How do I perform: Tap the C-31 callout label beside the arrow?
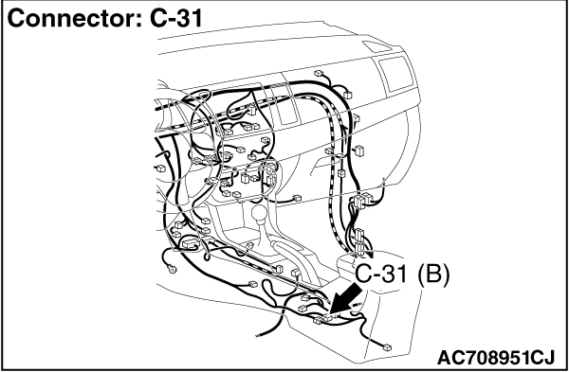(385, 275)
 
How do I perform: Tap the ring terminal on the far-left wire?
(171, 268)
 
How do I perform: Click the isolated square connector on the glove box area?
(361, 150)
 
